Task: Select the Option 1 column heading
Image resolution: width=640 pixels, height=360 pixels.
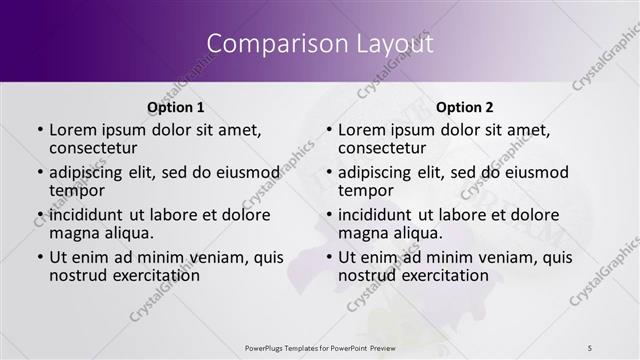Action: click(176, 107)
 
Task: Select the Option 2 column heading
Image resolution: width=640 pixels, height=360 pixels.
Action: click(465, 107)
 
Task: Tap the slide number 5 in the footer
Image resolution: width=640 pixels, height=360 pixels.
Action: click(591, 347)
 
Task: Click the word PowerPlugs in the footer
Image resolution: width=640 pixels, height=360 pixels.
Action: click(269, 347)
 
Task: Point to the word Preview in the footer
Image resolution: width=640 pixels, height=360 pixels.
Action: click(394, 347)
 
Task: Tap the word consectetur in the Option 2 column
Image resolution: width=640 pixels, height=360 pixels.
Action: click(385, 148)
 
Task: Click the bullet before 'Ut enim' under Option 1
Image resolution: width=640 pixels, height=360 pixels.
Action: click(39, 257)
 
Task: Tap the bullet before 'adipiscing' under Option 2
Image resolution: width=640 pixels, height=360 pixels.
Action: click(328, 173)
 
